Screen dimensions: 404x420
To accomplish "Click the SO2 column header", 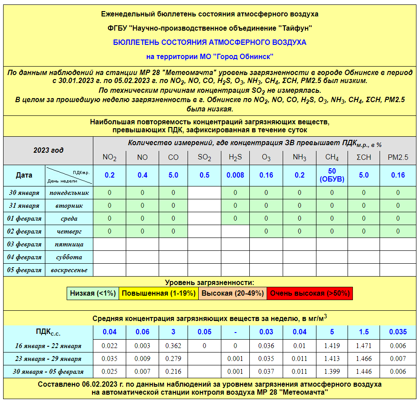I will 204,157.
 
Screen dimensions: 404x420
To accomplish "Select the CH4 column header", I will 332,157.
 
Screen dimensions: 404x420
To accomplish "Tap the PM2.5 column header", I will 398,157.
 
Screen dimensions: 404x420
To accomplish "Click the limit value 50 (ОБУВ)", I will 332,175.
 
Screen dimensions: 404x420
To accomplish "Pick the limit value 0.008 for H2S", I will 235,175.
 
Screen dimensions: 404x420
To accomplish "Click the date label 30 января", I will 24,193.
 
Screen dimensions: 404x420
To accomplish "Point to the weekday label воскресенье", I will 69,270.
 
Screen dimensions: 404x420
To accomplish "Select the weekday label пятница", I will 69,244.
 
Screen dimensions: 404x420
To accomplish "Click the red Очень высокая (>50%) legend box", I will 310,293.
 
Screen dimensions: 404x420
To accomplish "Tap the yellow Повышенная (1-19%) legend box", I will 159,293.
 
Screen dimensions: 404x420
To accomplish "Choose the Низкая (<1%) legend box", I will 93,293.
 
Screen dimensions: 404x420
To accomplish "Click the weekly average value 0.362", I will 173,346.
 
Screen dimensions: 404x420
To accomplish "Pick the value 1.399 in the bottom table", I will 332,372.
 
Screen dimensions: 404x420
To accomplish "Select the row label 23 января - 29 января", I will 48,359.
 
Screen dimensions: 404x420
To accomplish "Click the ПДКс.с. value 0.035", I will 398,332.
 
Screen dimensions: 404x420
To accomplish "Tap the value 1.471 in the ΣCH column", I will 364,346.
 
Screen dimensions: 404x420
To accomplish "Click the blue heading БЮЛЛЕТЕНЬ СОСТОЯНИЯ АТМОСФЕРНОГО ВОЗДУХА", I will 210,43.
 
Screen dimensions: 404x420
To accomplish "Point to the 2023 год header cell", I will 48,150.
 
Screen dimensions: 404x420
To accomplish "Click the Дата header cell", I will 24,175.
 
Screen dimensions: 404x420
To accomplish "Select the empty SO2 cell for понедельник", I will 204,193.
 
